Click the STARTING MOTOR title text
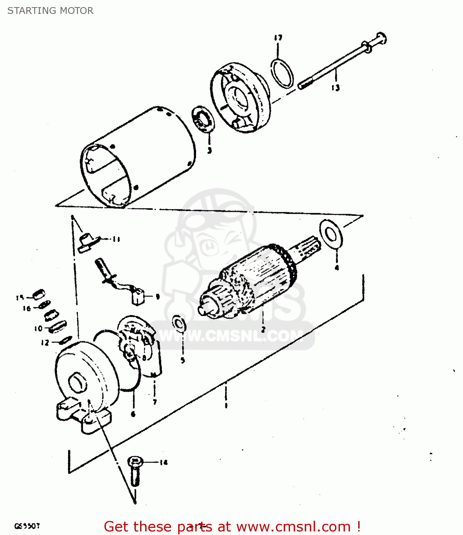(x=50, y=11)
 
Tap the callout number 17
(x=278, y=38)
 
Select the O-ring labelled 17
(x=282, y=73)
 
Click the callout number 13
(x=335, y=87)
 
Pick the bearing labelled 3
(x=204, y=119)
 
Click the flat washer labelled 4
(x=331, y=234)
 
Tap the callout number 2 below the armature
(x=263, y=329)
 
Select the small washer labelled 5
(x=179, y=323)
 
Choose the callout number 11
(x=116, y=239)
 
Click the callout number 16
(x=27, y=309)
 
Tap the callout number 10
(x=38, y=328)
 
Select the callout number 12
(x=45, y=343)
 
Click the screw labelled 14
(x=135, y=471)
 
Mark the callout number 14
(x=163, y=463)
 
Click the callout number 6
(x=133, y=414)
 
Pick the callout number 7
(x=155, y=402)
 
